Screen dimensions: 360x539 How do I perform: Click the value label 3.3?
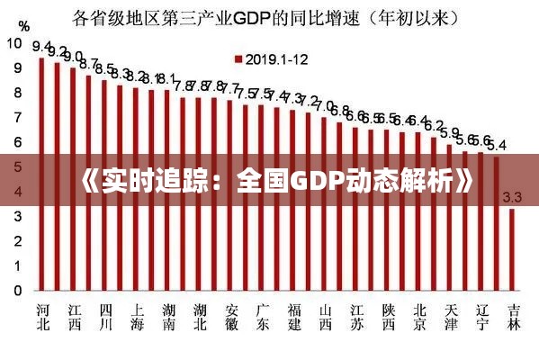pyautogui.click(x=513, y=197)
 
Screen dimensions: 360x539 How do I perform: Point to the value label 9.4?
pyautogui.click(x=41, y=46)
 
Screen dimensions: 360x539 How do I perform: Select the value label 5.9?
pyautogui.click(x=449, y=132)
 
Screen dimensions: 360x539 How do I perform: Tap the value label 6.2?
pyautogui.click(x=434, y=125)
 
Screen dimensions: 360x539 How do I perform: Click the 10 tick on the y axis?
pyautogui.click(x=15, y=42)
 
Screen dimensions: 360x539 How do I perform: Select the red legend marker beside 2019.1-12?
pyautogui.click(x=238, y=58)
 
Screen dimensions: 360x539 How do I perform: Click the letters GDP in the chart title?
pyautogui.click(x=283, y=15)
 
